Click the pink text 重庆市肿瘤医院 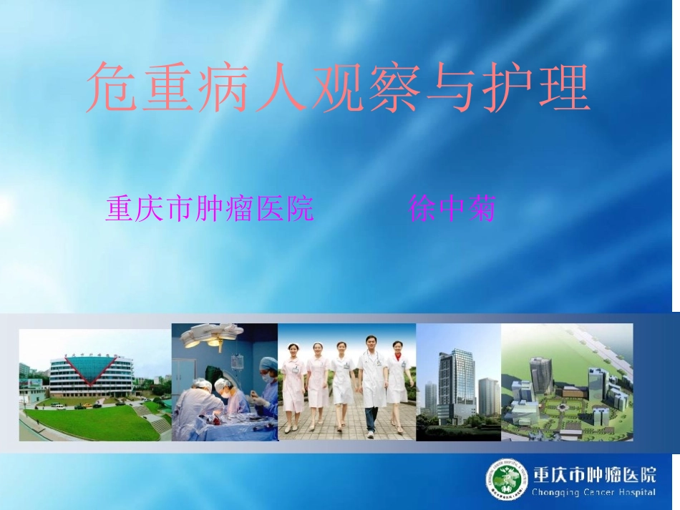click(x=210, y=209)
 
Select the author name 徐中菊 click(x=452, y=209)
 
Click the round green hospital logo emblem click(x=508, y=479)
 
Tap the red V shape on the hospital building click(x=90, y=369)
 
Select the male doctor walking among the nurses click(x=371, y=383)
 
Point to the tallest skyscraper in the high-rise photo click(x=457, y=383)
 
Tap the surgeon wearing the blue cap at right click(x=268, y=386)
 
